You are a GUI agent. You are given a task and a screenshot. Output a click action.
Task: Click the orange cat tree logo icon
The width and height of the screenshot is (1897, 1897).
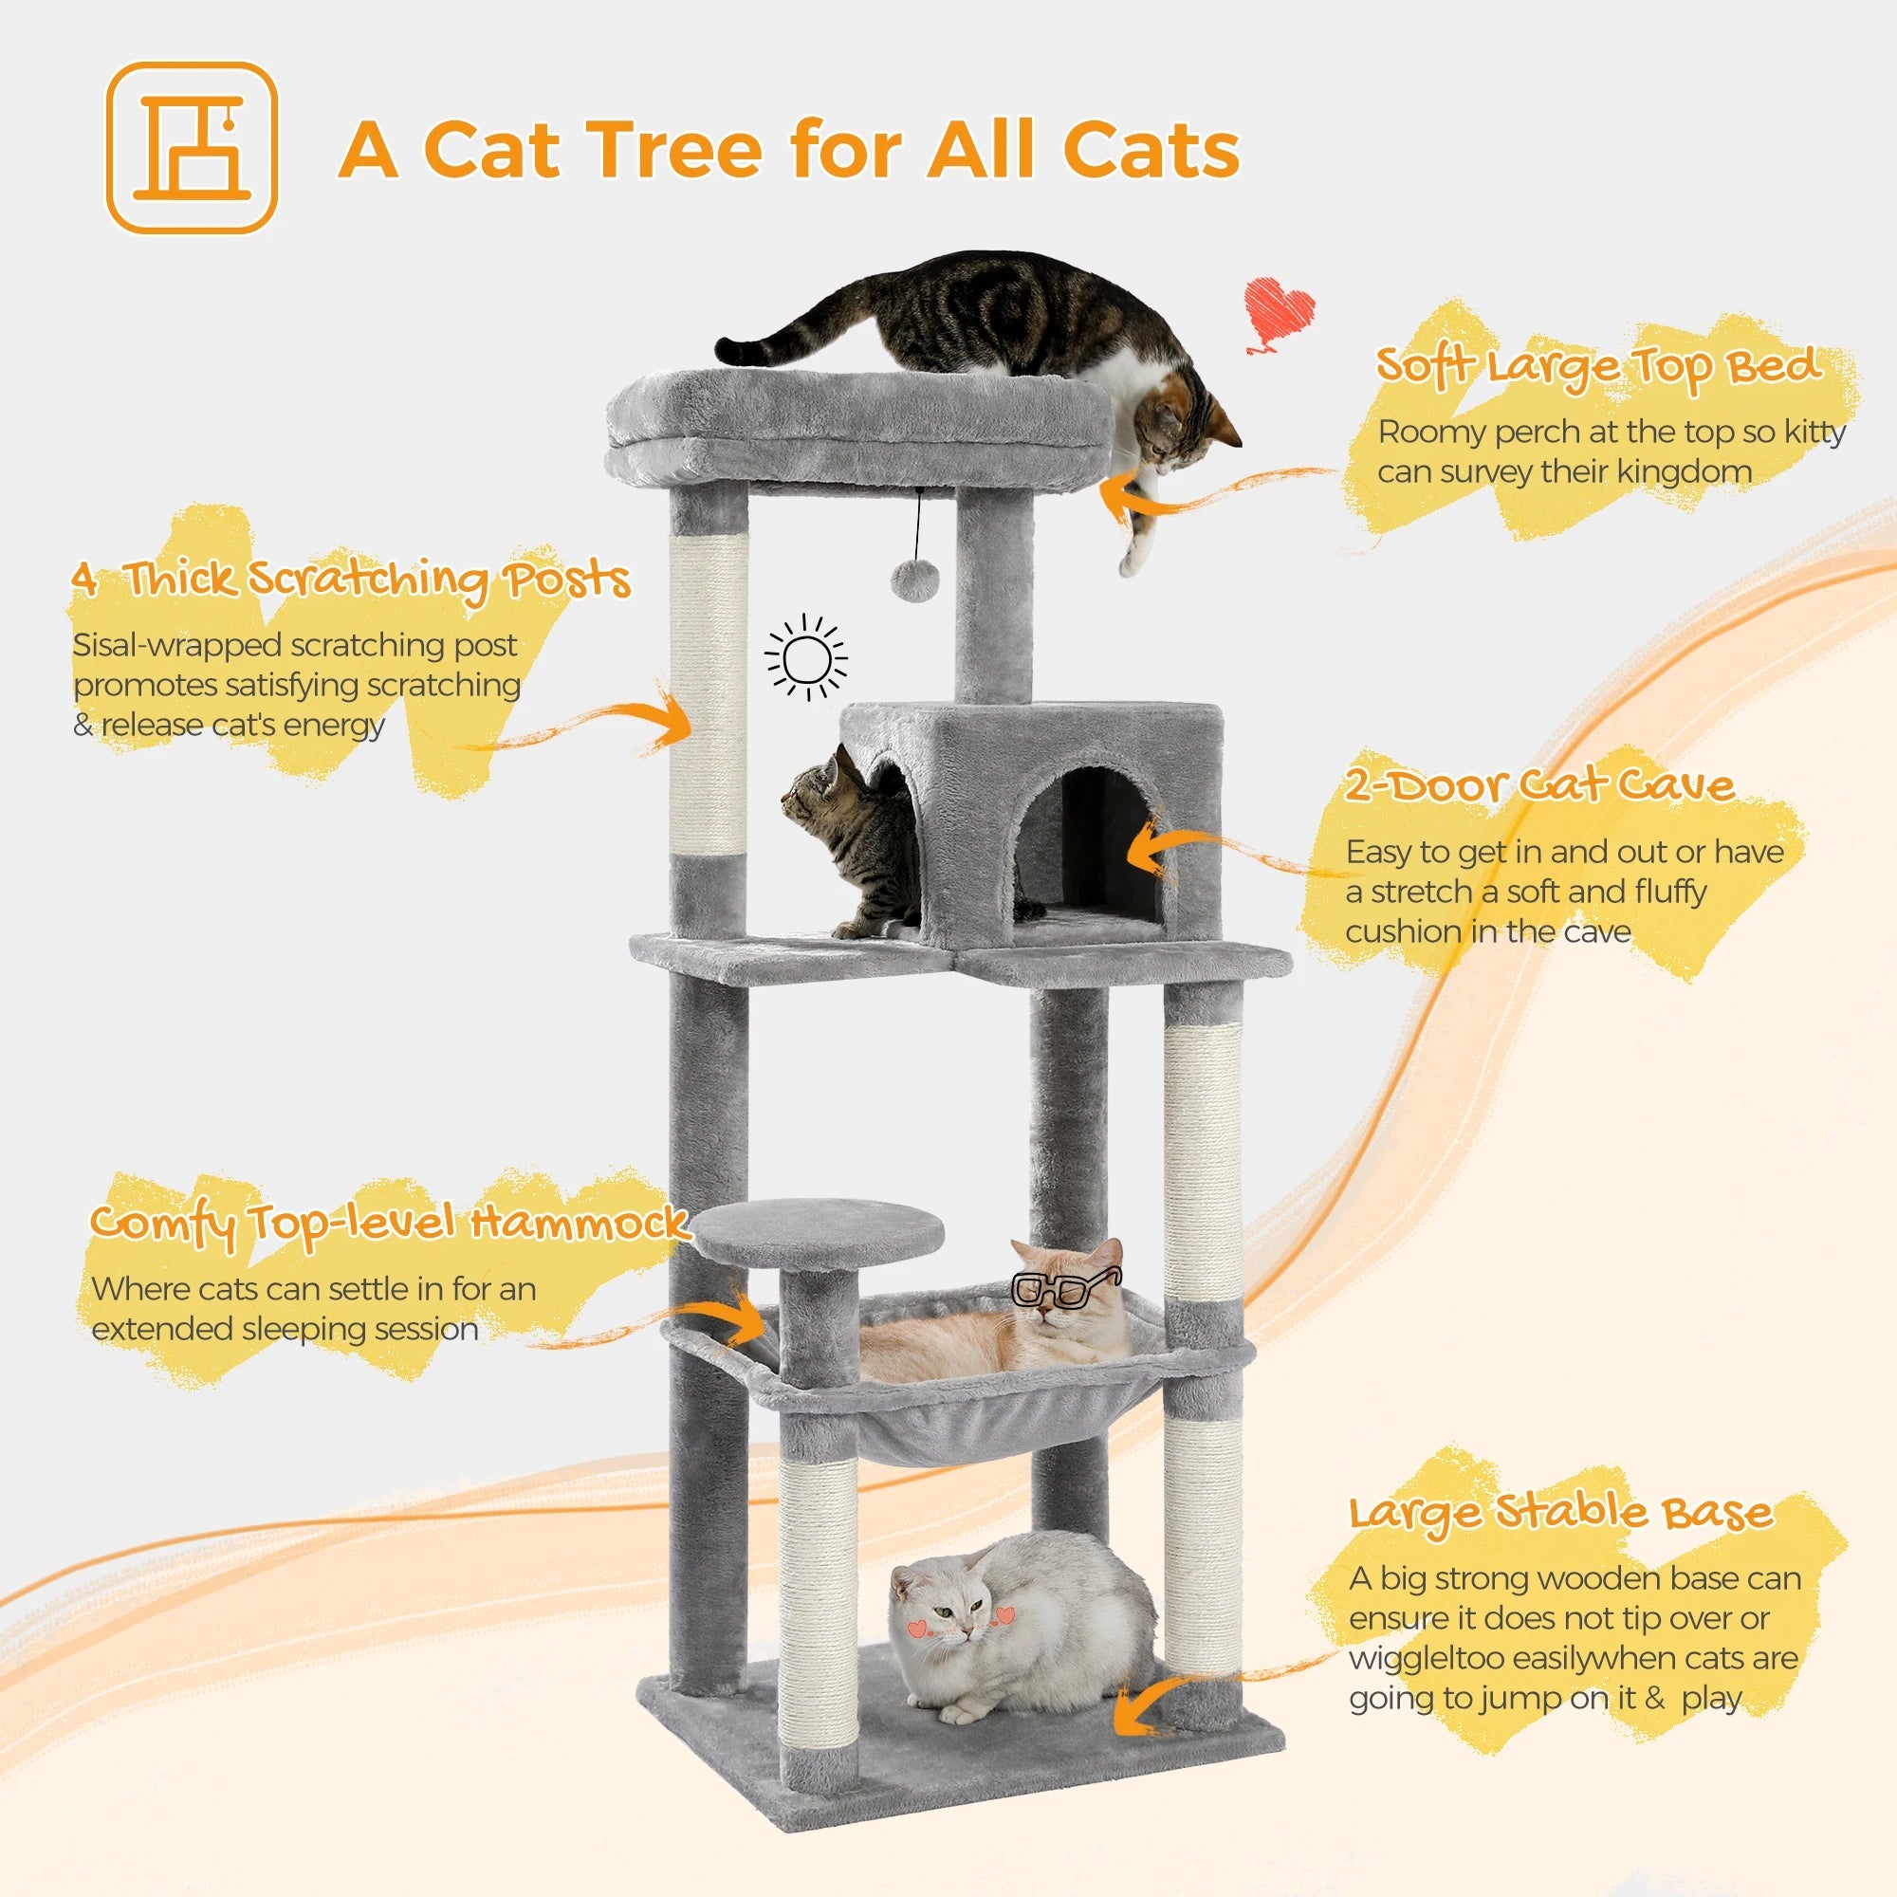pos(192,148)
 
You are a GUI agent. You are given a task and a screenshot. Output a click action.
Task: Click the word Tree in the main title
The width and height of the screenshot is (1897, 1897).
pos(678,150)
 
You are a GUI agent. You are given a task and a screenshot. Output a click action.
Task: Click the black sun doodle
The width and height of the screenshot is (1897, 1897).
pos(806,658)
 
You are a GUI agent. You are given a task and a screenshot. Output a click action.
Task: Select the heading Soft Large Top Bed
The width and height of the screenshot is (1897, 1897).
pos(1597,367)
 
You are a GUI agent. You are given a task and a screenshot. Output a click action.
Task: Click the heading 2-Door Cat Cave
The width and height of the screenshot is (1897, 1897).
pos(1538,785)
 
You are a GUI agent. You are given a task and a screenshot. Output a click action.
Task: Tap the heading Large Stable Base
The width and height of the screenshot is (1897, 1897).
pos(1561,1513)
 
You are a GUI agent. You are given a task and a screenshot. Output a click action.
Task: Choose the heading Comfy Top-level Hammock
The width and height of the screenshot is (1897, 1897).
pos(389,1224)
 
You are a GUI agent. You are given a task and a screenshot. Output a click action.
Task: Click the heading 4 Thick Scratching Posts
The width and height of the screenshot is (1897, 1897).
pos(351,580)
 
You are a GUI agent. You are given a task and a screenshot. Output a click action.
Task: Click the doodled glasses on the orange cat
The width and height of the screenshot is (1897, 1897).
pos(1065,1288)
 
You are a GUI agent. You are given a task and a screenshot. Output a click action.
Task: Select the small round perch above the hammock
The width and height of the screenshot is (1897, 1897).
pos(817,1232)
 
